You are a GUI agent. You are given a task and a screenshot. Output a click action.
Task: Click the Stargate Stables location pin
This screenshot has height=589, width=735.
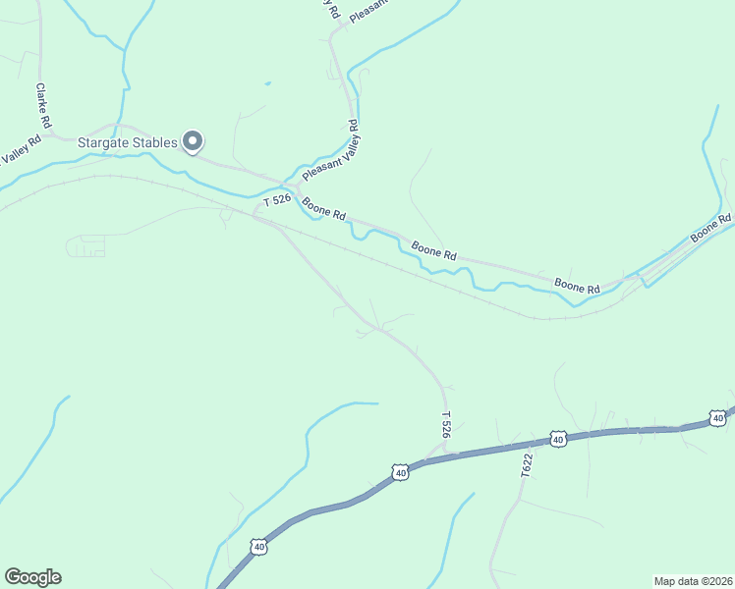194,142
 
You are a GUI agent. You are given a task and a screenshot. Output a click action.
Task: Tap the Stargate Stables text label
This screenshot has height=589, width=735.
128,143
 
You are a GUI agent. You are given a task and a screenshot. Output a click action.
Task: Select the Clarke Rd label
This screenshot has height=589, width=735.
42,105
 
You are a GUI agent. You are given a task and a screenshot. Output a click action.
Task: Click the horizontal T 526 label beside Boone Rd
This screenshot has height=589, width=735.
277,200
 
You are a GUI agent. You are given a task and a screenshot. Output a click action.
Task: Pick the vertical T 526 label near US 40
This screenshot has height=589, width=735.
445,425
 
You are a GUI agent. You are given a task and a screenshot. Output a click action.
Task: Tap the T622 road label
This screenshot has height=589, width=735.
527,465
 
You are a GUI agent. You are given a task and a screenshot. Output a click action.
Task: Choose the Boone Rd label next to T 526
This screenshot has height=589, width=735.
324,209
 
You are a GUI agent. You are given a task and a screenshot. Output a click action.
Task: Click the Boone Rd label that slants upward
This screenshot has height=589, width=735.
711,229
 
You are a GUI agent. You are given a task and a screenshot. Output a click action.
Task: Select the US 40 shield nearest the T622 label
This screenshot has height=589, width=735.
558,439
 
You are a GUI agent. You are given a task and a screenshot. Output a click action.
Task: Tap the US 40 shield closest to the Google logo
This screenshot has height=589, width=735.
257,545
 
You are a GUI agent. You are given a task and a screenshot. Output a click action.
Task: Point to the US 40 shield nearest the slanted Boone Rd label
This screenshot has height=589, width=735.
718,418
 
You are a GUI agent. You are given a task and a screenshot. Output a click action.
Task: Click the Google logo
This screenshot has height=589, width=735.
32,577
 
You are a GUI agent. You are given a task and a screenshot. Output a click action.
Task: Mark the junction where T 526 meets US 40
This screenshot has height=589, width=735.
447,453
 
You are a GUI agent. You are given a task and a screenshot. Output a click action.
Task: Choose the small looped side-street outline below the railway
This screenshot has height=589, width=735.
86,246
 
